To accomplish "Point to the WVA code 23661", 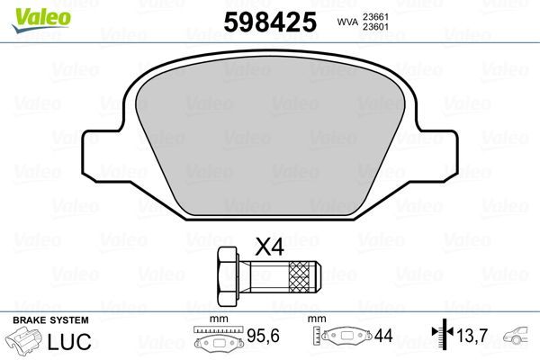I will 375,15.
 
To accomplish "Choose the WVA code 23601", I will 375,27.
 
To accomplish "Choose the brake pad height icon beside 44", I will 346,338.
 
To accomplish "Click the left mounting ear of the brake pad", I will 100,150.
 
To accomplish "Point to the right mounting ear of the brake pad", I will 441,150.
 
